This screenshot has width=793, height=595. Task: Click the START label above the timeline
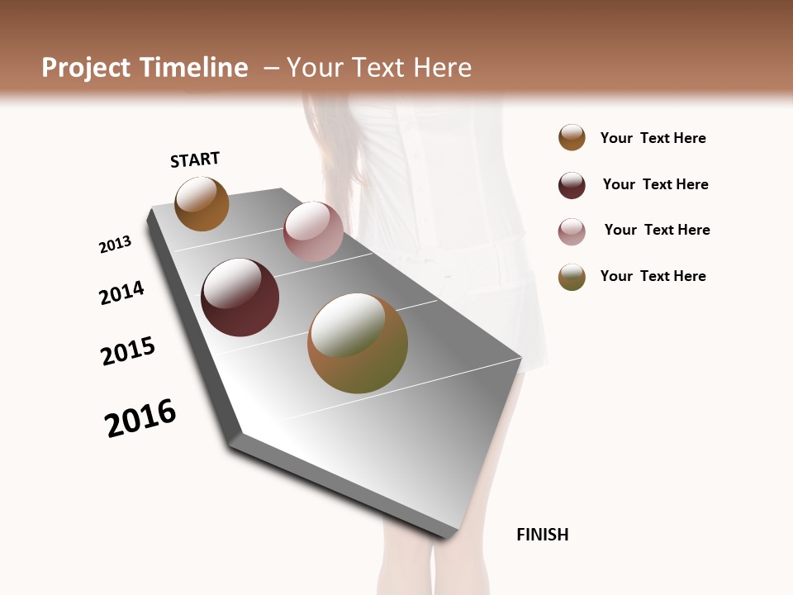click(195, 159)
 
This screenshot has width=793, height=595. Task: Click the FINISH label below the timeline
click(542, 535)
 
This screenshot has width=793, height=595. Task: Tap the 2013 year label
click(115, 245)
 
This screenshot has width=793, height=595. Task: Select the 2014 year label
click(121, 293)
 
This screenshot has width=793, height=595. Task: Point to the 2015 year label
click(128, 351)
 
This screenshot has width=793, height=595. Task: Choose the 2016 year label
click(140, 418)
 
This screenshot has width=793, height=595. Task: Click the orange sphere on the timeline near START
click(202, 203)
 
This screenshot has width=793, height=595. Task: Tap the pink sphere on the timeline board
click(313, 231)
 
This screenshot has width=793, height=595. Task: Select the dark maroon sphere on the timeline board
click(240, 297)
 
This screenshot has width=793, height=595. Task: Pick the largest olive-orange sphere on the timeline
click(357, 343)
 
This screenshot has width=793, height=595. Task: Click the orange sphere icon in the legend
click(572, 138)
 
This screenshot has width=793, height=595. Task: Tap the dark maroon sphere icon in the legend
click(572, 185)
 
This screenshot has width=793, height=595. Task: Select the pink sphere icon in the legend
click(572, 231)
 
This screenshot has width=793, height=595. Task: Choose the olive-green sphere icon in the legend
click(572, 277)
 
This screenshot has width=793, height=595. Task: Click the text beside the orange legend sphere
click(653, 138)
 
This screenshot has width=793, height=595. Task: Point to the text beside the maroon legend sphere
click(655, 184)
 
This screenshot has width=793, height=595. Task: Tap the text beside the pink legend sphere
click(657, 230)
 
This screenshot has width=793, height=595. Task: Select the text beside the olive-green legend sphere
click(653, 276)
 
